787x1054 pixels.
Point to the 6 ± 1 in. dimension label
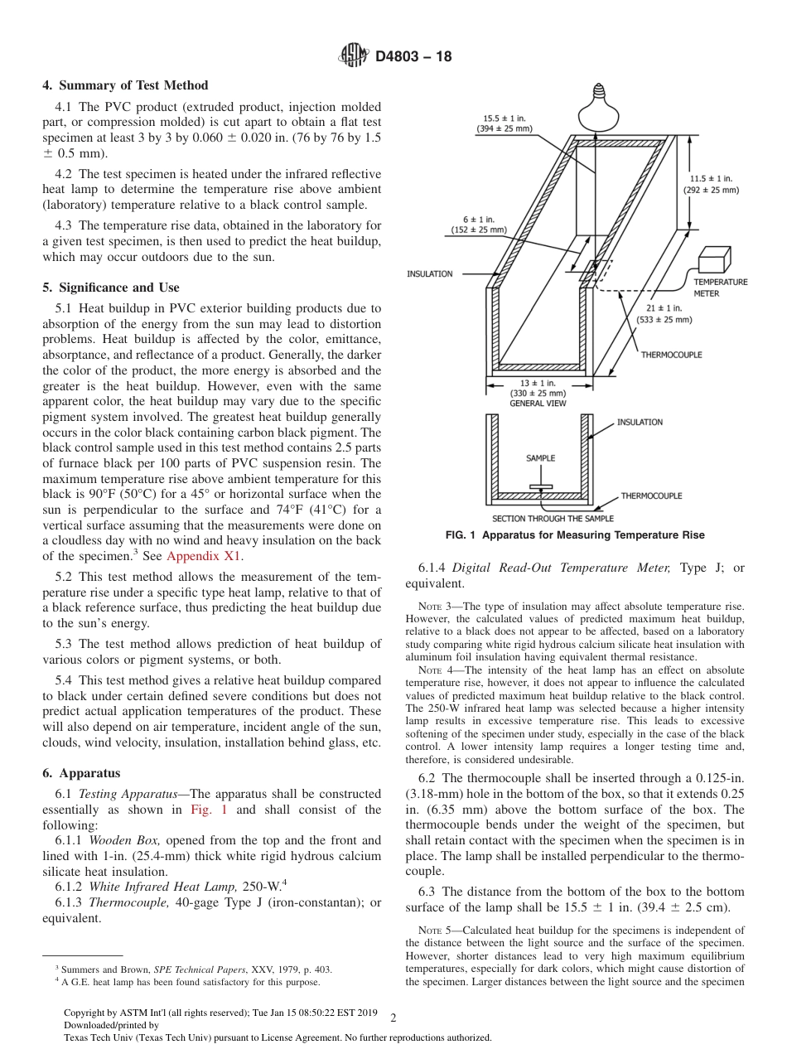(479, 225)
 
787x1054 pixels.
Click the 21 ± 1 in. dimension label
(664, 314)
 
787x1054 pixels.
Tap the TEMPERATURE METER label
(720, 288)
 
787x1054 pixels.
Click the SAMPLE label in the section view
(540, 457)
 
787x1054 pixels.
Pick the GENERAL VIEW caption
(538, 404)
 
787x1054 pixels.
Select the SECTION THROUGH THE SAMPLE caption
(548, 518)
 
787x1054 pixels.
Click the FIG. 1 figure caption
(574, 535)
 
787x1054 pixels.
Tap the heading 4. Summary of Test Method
(125, 85)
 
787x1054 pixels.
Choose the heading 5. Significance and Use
(110, 288)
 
